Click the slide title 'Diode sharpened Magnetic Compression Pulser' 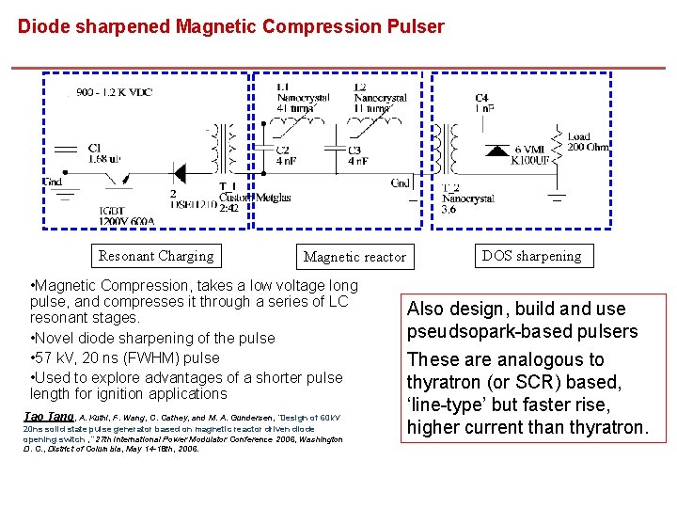point(230,26)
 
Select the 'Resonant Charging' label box point(155,256)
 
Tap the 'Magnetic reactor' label point(354,257)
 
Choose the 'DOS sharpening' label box point(531,255)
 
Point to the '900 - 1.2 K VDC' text point(115,93)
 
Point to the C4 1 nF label point(483,103)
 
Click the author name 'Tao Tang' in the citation point(47,417)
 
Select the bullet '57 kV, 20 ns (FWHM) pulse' point(124,357)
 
